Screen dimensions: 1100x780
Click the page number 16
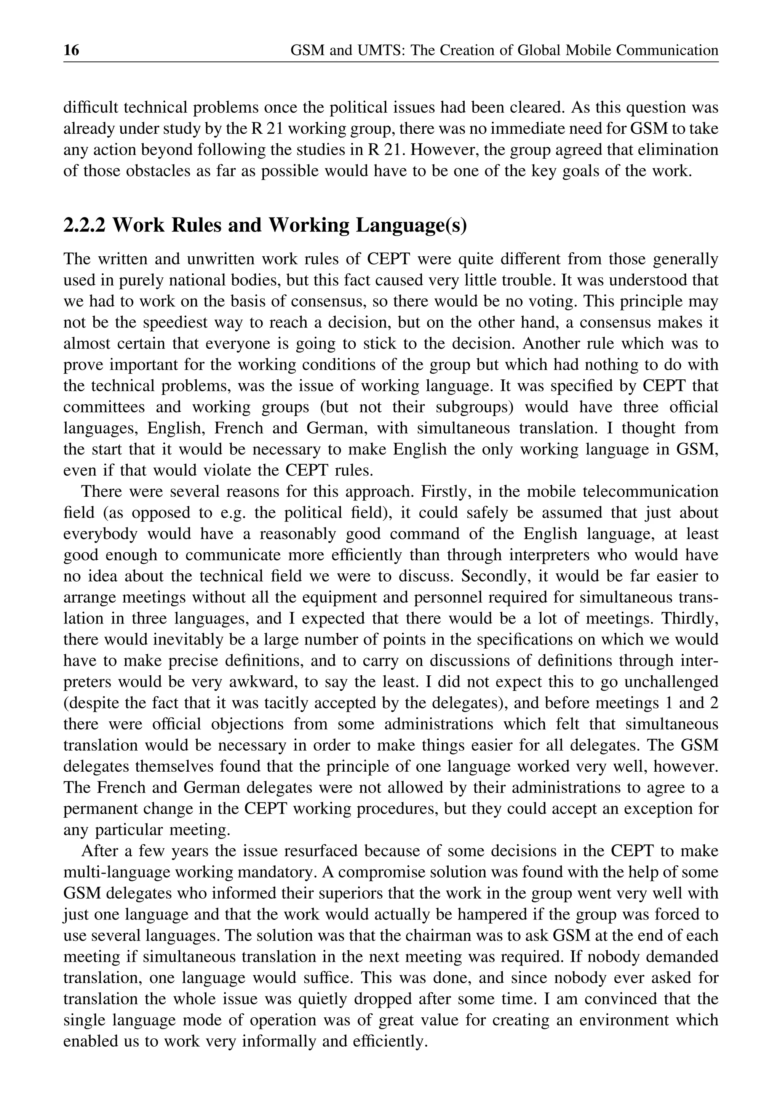(72, 50)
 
